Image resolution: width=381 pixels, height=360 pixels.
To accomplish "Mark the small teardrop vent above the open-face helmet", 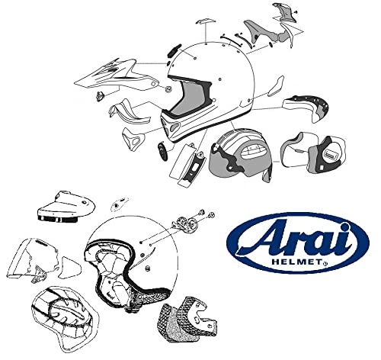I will (120, 204).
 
